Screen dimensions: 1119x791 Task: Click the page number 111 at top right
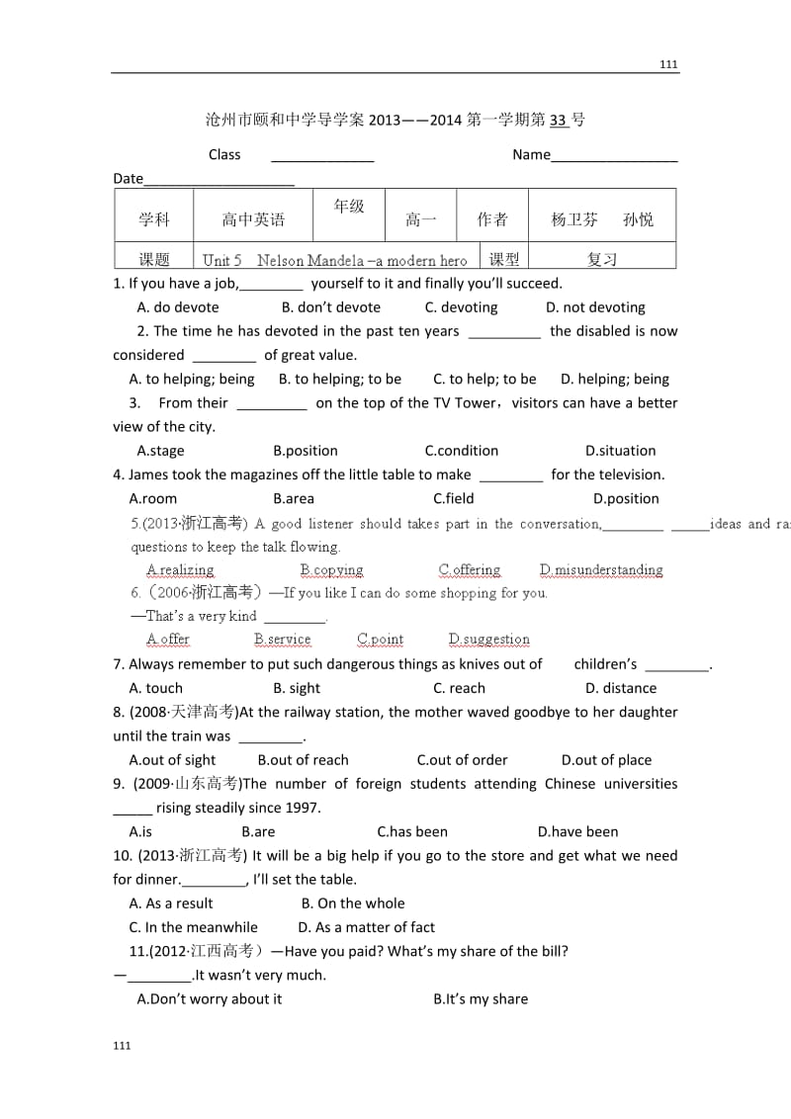point(668,64)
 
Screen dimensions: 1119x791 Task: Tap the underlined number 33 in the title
point(559,120)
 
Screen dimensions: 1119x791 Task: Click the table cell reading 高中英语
point(253,219)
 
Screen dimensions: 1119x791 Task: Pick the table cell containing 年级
point(349,206)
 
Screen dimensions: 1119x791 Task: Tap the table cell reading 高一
point(420,219)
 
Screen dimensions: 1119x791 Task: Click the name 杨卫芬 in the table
point(574,219)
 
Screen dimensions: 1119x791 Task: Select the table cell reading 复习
point(602,259)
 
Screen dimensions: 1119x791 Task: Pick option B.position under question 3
point(306,451)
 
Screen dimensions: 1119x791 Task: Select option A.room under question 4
point(153,498)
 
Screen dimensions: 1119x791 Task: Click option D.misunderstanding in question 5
point(601,569)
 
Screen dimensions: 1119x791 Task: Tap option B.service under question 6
point(282,640)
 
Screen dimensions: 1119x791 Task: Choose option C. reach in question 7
point(459,688)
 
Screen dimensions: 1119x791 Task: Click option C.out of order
point(462,760)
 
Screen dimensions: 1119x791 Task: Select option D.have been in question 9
point(577,831)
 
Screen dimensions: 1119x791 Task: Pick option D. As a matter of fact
point(366,927)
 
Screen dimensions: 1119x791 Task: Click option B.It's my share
point(481,998)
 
